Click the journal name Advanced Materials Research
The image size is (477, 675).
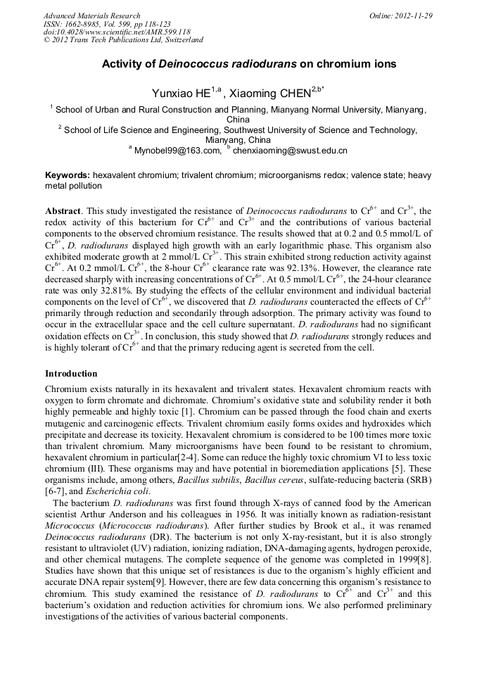click(x=91, y=15)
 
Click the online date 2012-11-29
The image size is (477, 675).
click(x=412, y=15)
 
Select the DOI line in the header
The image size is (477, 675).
click(x=117, y=32)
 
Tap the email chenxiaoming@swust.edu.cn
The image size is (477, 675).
click(x=290, y=151)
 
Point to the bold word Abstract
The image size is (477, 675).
click(x=63, y=210)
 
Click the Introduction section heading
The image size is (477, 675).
click(x=71, y=373)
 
